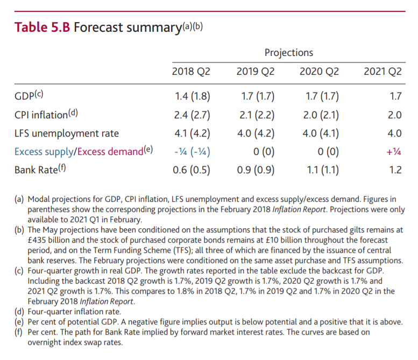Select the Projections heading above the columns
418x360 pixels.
288,52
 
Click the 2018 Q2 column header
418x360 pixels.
191,72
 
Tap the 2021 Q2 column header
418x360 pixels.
382,72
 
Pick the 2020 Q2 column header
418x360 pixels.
319,72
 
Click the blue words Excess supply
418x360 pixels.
45,151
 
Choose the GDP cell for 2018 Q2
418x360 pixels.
192,97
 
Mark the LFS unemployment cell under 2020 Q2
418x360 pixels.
321,133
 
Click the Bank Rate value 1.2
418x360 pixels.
395,170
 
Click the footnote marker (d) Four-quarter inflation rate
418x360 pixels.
19,311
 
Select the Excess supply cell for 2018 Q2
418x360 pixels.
192,151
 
